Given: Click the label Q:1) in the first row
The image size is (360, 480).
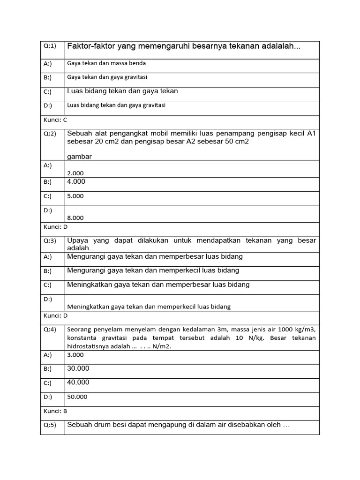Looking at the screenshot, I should tap(50, 46).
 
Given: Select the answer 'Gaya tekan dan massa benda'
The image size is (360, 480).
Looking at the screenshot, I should tap(106, 63).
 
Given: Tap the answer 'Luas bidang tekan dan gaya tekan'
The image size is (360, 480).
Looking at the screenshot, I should tap(122, 91).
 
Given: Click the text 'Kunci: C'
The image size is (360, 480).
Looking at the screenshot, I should tap(55, 120).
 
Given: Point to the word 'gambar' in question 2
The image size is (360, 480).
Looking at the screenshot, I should tap(80, 157).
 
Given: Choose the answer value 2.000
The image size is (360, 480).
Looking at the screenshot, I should tap(75, 173).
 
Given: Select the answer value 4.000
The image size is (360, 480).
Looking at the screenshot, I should tap(76, 181).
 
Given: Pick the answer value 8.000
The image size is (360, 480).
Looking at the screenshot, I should tap(75, 217).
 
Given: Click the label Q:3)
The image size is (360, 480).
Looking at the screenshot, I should tap(50, 241).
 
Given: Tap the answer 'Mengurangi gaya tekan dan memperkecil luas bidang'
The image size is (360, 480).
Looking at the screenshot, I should tap(153, 270).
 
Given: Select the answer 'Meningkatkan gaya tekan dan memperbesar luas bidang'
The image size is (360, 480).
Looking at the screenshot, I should tap(158, 285).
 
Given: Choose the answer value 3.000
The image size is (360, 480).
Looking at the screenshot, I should tap(75, 355).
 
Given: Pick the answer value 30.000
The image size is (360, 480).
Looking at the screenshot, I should tap(78, 368).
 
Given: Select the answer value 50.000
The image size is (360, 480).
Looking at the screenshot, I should tap(77, 397).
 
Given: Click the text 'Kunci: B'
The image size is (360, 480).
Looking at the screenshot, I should tap(55, 411).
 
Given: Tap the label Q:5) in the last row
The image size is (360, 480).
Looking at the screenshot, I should tap(50, 425).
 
